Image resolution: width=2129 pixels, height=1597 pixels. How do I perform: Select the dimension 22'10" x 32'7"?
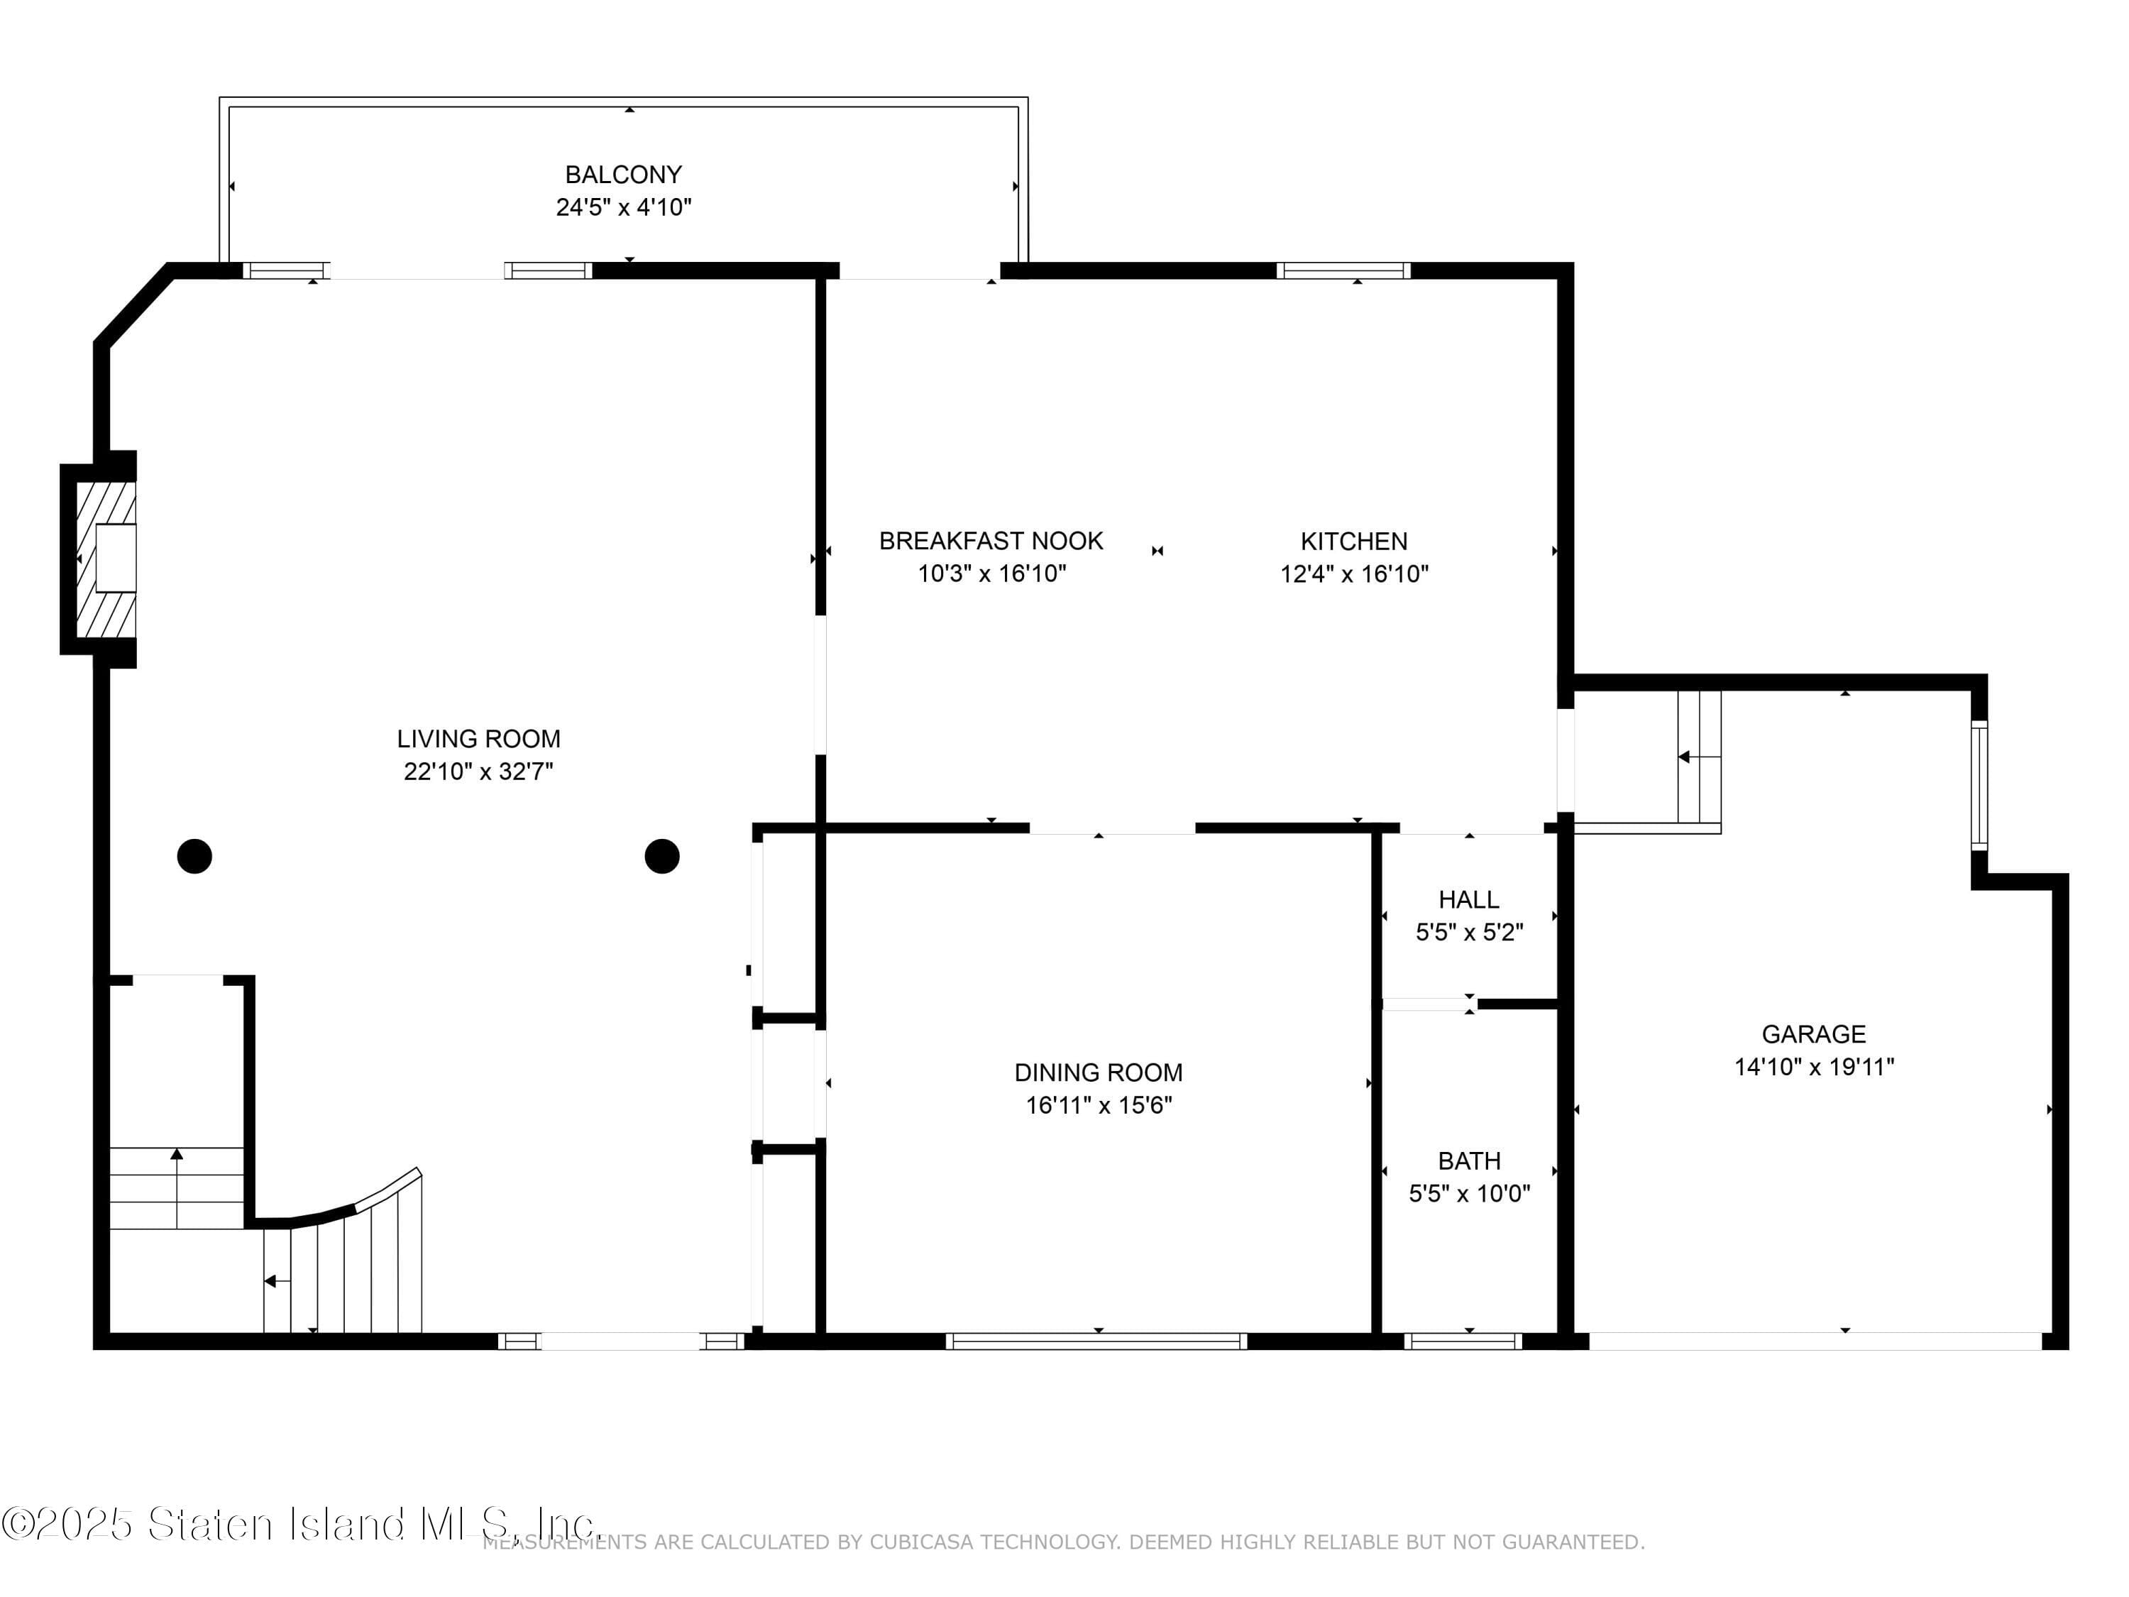click(478, 771)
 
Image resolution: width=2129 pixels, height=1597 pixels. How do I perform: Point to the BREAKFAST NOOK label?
click(991, 541)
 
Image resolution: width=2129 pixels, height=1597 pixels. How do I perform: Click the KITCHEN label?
click(1354, 541)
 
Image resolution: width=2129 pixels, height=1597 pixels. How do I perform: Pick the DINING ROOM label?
click(1098, 1072)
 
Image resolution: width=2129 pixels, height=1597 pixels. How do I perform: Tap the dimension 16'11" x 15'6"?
click(1098, 1105)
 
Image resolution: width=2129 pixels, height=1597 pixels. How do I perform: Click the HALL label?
click(1469, 899)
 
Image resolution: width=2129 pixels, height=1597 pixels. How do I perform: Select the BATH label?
click(1469, 1161)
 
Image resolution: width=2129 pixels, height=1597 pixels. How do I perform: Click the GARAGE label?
click(1813, 1034)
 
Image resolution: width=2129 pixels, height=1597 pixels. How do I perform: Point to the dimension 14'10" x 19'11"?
click(1813, 1067)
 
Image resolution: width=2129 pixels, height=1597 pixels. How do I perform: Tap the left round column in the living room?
click(194, 856)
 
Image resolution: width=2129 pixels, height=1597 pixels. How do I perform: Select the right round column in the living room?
click(662, 856)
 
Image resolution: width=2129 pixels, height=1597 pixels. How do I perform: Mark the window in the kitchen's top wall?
click(1343, 270)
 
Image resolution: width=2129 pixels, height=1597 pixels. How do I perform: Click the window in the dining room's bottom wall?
click(1096, 1341)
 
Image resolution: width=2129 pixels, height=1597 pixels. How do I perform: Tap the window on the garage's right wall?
click(1979, 786)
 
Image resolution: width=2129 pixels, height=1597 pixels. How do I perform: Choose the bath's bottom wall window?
click(1463, 1341)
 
